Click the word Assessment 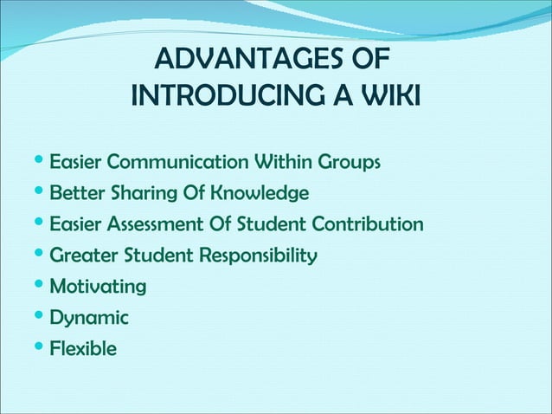click(x=166, y=225)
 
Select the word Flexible click(x=83, y=350)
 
